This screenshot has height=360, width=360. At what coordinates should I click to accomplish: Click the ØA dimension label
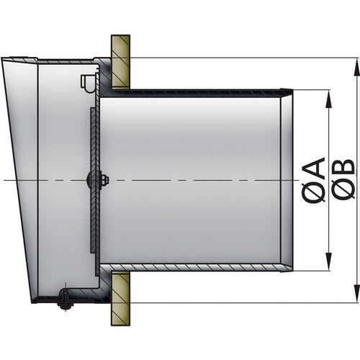pyautogui.click(x=314, y=180)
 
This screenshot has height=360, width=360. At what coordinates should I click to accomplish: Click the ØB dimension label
pyautogui.click(x=344, y=180)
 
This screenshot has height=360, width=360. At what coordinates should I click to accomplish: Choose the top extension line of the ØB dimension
pyautogui.click(x=238, y=58)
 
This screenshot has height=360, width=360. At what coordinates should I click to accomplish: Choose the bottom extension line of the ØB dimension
pyautogui.click(x=238, y=302)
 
